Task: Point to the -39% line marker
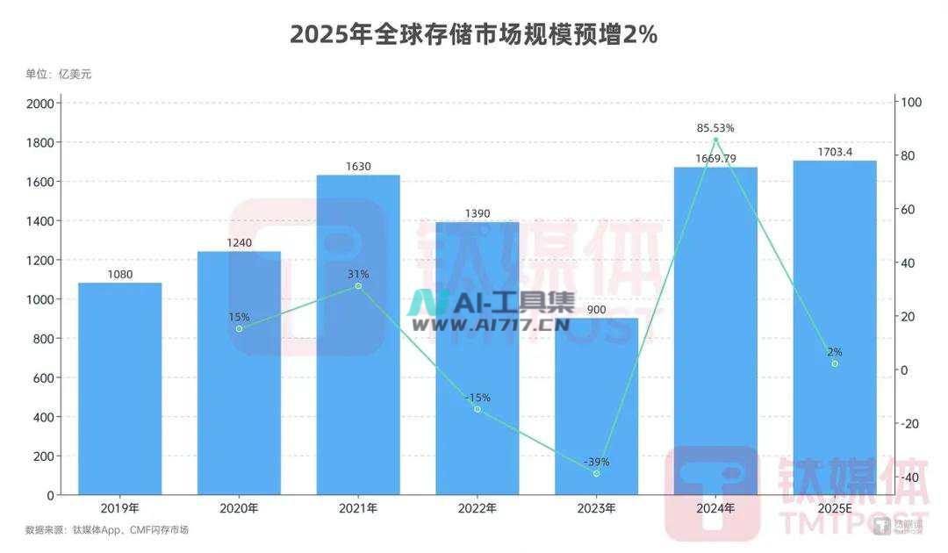point(596,474)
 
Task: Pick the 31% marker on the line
point(358,286)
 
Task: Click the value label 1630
point(358,165)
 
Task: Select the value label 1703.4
point(834,151)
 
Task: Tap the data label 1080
point(119,274)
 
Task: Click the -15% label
point(478,398)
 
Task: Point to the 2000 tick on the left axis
point(42,103)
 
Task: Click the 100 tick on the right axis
point(911,103)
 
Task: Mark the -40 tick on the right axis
point(911,478)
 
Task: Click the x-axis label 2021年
point(358,508)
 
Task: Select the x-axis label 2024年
point(715,508)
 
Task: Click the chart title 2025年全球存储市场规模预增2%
point(474,34)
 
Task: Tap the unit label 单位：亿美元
point(58,74)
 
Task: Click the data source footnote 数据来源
point(106,530)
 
